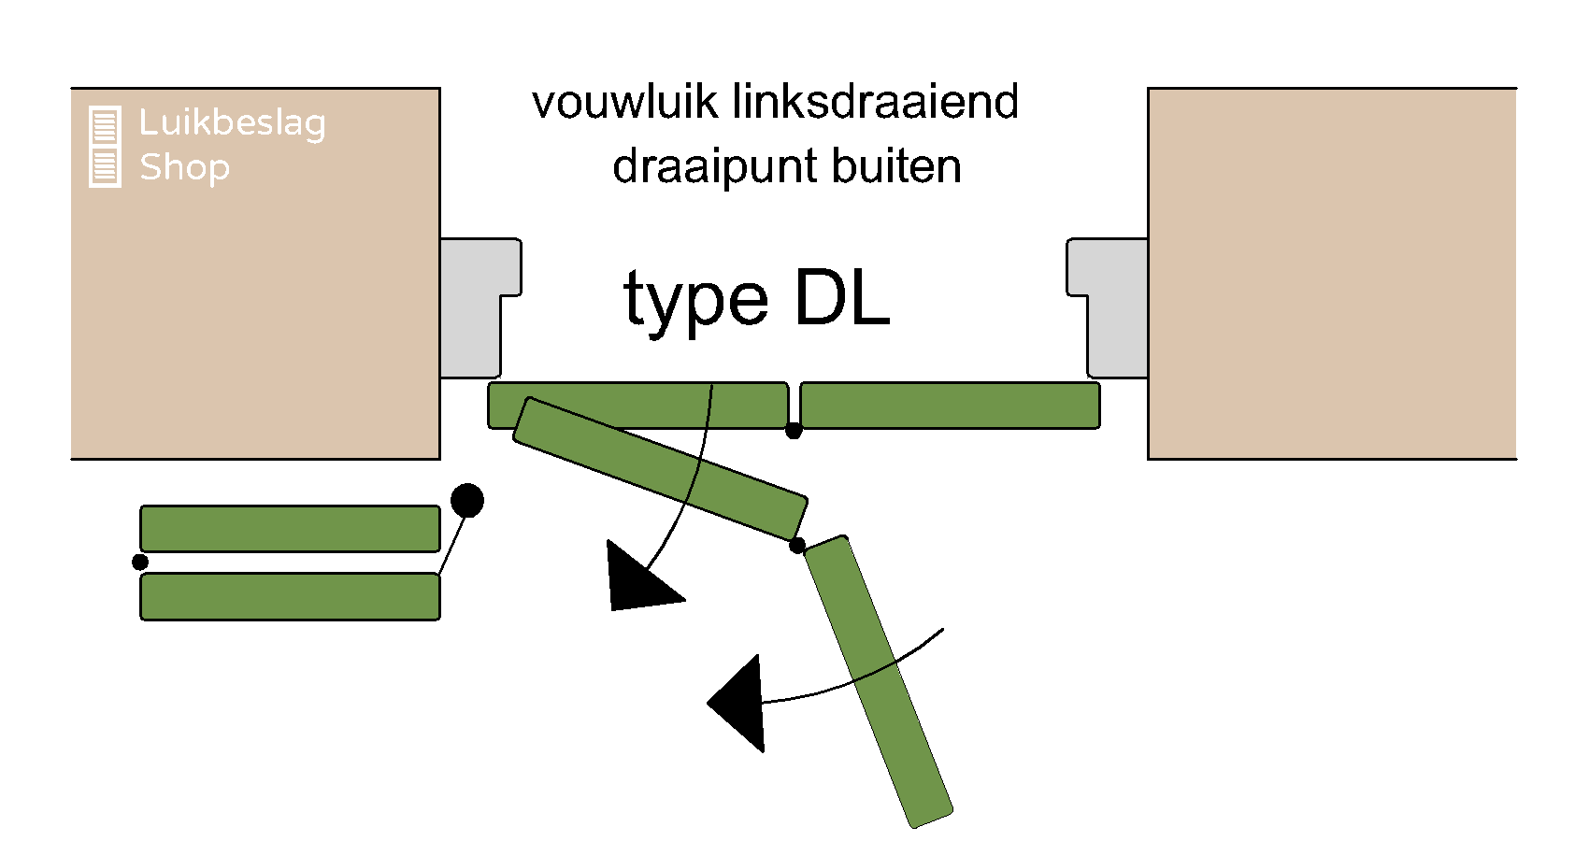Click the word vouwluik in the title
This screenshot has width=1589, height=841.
tap(625, 102)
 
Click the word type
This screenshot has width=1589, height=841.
tap(696, 301)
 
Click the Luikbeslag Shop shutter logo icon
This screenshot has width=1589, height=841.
tap(105, 147)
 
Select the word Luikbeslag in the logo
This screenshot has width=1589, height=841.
tap(232, 122)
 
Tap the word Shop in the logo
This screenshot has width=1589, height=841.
tap(184, 167)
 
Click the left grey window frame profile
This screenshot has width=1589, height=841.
tap(472, 308)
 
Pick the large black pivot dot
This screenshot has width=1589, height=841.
tap(467, 501)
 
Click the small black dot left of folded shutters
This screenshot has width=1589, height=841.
tap(140, 562)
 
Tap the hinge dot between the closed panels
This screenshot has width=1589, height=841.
tap(794, 431)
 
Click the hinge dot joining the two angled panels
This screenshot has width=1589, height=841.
tap(797, 546)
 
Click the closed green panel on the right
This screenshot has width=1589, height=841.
tap(950, 406)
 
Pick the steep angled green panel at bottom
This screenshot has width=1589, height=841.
tap(878, 682)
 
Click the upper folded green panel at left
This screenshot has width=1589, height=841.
tap(290, 529)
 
